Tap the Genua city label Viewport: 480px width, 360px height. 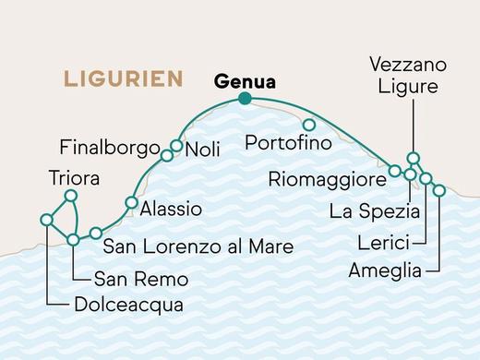(x=245, y=81)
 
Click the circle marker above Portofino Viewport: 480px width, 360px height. (x=309, y=125)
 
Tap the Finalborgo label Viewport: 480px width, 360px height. (x=110, y=147)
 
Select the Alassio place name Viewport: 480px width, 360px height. (x=171, y=210)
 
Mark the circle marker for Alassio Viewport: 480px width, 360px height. (x=132, y=203)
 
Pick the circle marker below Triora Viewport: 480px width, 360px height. (x=68, y=196)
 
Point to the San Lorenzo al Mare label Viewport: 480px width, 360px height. (x=198, y=246)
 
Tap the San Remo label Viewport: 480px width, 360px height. (x=141, y=278)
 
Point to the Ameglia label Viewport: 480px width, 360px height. (x=386, y=270)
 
